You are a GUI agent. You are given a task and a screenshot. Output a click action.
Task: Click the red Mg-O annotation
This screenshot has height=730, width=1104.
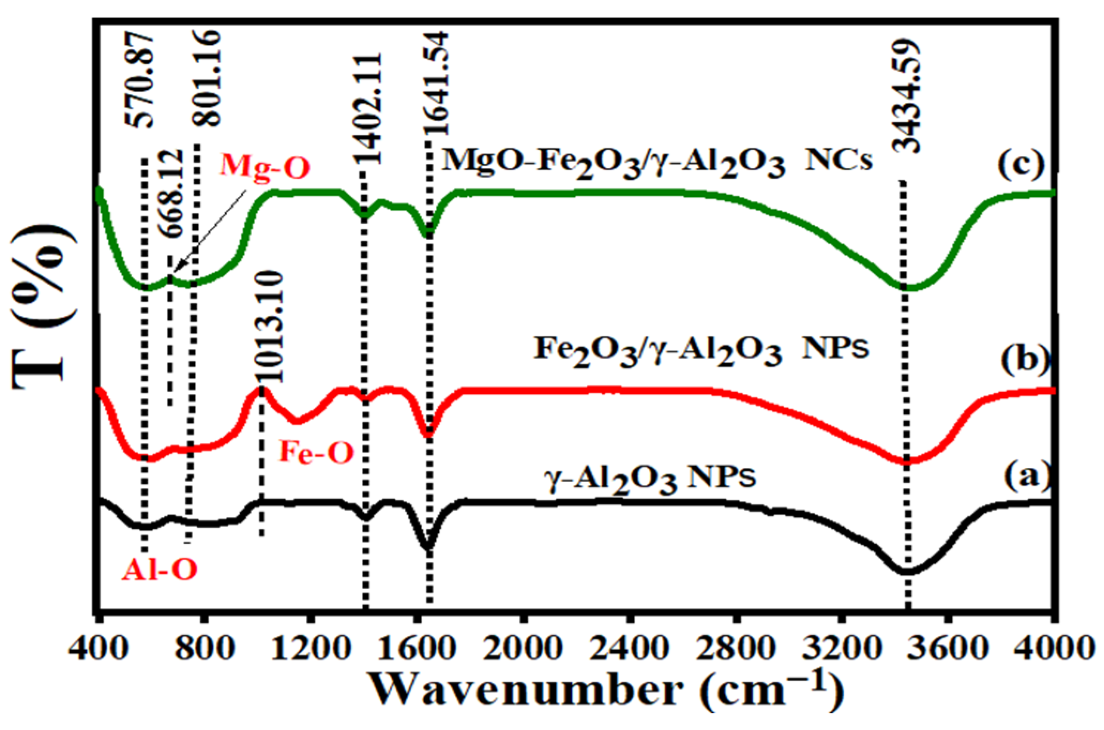pos(267,167)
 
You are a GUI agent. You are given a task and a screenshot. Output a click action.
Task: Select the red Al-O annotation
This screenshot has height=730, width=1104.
pos(160,571)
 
